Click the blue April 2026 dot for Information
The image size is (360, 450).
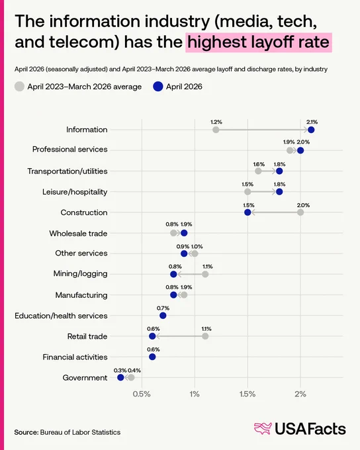pos(311,130)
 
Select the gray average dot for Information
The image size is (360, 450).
pos(216,130)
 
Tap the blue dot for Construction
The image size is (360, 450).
pos(247,212)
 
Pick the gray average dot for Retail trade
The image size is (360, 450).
pos(205,336)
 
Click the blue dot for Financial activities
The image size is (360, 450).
pos(152,357)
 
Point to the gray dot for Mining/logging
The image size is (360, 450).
pos(205,274)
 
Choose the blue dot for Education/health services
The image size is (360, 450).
pos(163,316)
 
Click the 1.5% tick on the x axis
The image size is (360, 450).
pos(247,394)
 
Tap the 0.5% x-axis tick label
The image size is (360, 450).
pos(142,394)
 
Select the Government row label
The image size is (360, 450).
pos(85,378)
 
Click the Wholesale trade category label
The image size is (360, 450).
pos(78,234)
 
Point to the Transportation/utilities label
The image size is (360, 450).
pos(67,171)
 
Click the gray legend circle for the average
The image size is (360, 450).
pos(19,87)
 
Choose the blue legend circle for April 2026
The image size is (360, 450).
pos(158,87)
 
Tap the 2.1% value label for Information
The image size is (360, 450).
pos(312,122)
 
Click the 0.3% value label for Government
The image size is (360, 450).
pos(120,371)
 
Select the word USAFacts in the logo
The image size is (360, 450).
pos(310,429)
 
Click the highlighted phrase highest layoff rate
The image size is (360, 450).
pos(258,42)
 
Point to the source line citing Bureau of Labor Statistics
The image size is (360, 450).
pos(67,432)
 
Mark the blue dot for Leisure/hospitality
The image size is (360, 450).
pos(279,192)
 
